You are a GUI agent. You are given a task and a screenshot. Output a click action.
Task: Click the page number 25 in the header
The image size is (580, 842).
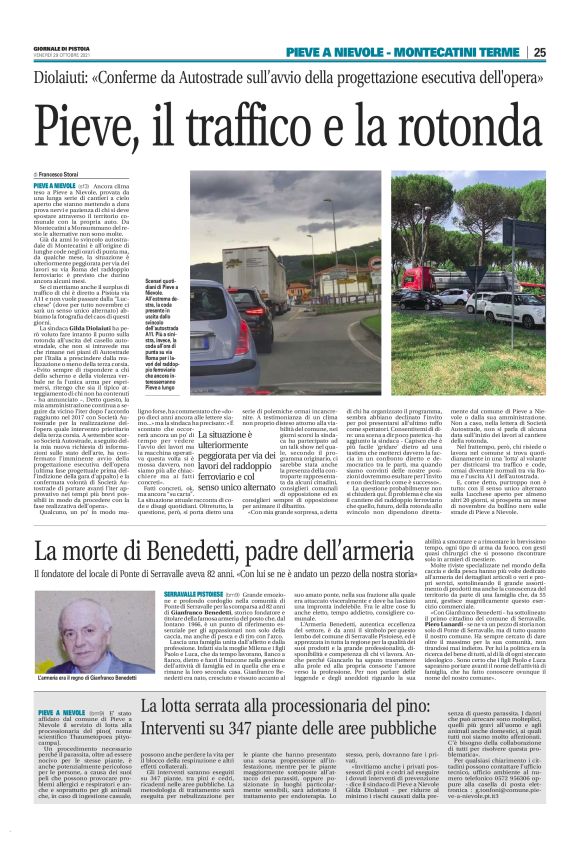coord(566,52)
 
